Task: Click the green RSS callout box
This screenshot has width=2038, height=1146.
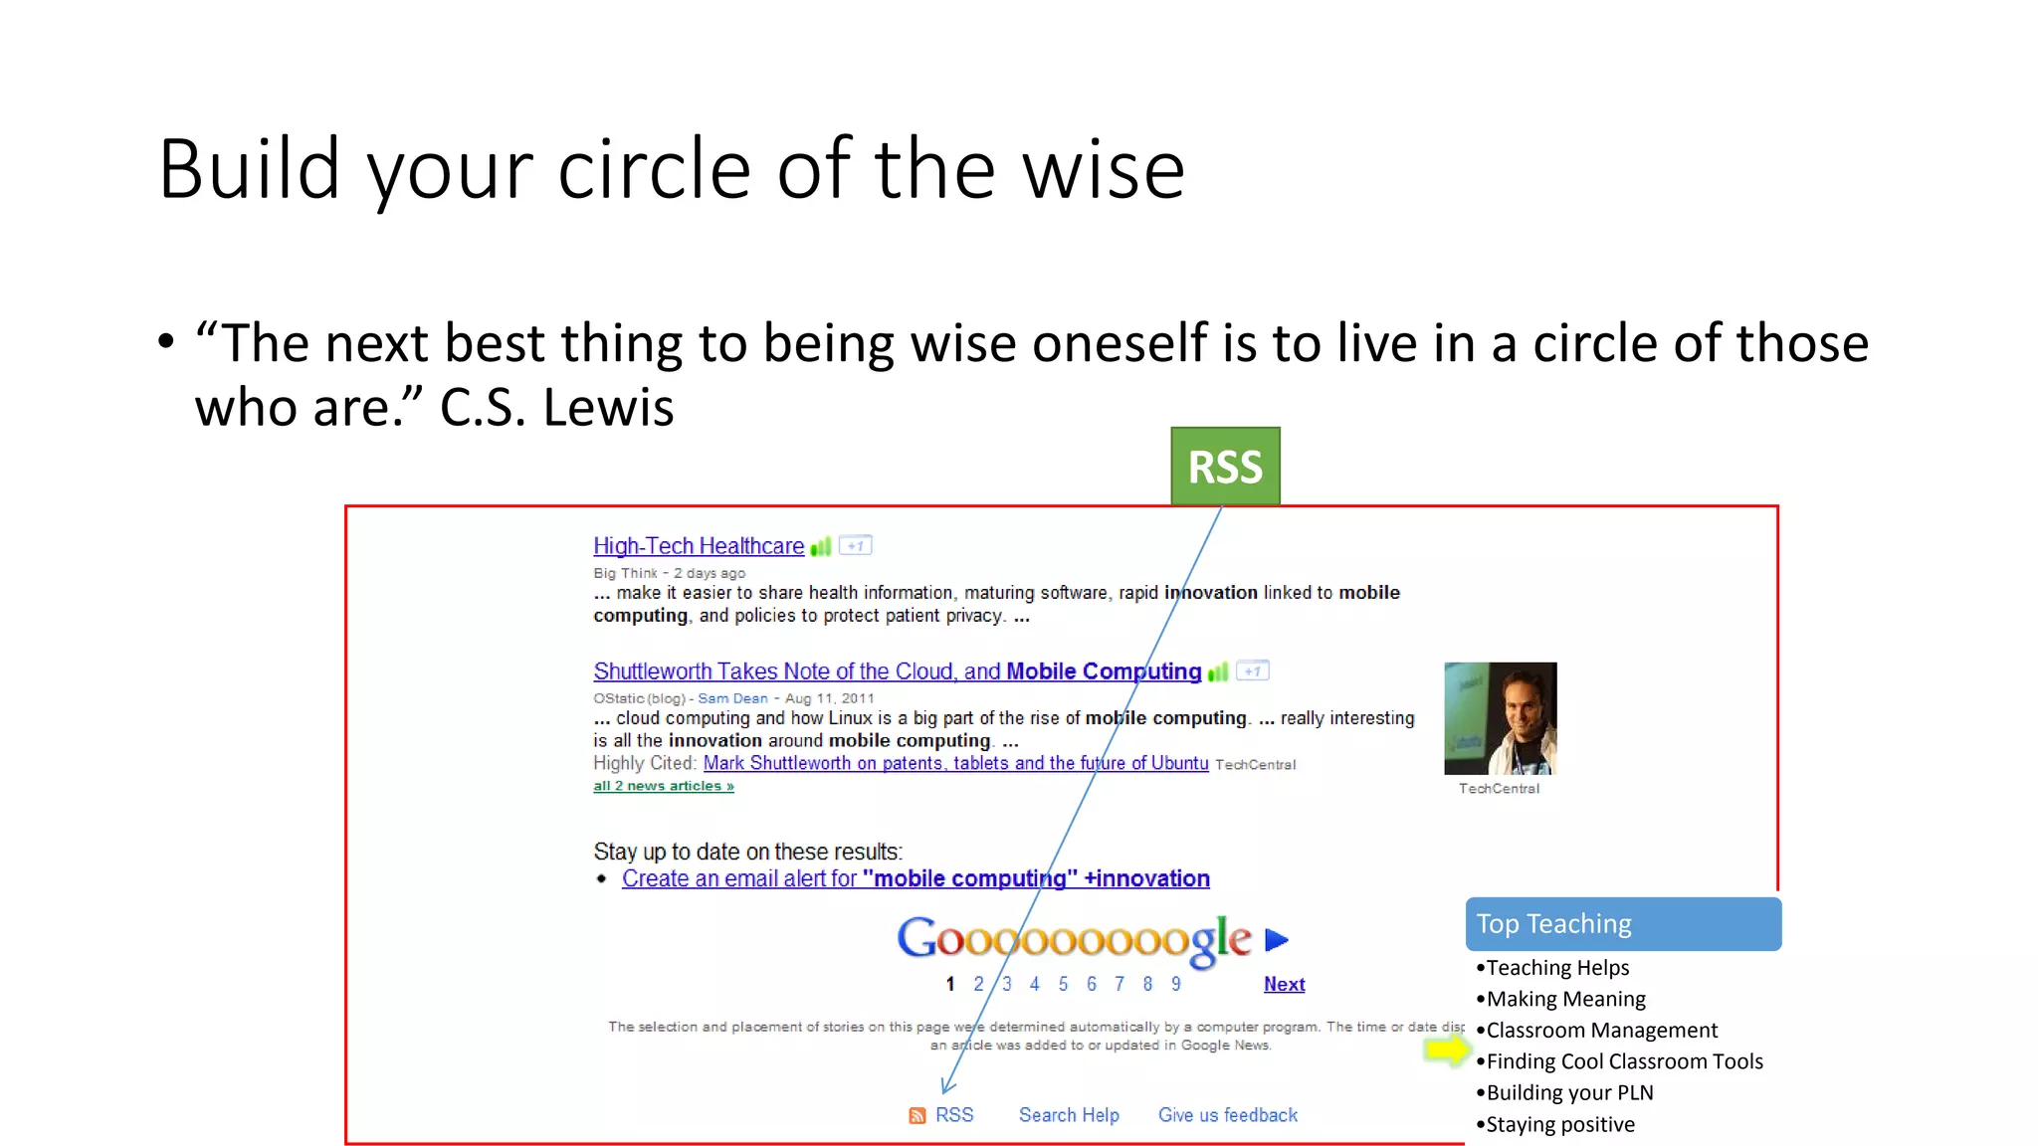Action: click(x=1225, y=467)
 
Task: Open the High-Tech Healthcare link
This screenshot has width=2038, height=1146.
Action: click(x=699, y=546)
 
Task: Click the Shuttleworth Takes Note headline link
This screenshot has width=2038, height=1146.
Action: click(x=897, y=671)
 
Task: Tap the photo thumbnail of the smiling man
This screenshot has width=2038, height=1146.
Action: click(x=1500, y=718)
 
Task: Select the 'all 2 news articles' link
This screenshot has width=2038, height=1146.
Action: click(x=664, y=786)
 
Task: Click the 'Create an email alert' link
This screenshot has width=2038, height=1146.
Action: click(x=916, y=878)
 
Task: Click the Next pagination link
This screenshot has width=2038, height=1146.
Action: click(x=1284, y=984)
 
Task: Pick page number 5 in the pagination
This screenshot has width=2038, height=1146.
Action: click(x=1063, y=984)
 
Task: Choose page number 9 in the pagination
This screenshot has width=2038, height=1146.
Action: click(x=1175, y=984)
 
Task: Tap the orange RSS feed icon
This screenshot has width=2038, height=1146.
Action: click(x=917, y=1116)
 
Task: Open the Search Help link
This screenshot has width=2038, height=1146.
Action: click(x=1069, y=1115)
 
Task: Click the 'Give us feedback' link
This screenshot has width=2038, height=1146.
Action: click(x=1227, y=1115)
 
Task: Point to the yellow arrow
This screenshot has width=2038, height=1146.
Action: click(x=1447, y=1050)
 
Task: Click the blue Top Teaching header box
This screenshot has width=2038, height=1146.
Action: click(x=1623, y=924)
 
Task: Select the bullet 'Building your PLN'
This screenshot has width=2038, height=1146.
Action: click(x=1569, y=1092)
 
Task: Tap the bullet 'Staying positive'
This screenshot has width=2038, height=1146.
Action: click(x=1560, y=1124)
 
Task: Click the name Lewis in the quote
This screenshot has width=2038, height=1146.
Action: click(x=609, y=407)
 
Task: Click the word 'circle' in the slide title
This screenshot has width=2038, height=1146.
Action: click(x=654, y=169)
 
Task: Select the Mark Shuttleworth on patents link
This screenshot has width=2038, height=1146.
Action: click(x=955, y=763)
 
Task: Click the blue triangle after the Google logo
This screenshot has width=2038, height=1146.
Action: click(x=1276, y=939)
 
